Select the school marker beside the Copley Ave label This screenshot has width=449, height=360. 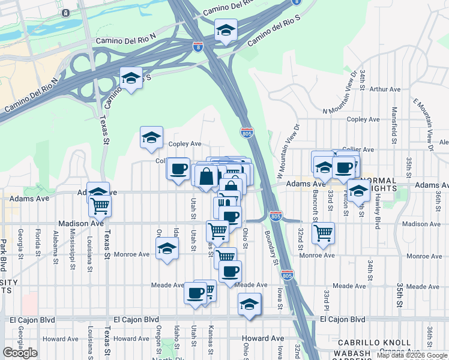coord(152,137)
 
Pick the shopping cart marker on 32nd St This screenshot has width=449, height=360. coord(324,231)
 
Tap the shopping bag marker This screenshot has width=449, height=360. coord(206,176)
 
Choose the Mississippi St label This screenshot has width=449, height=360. coord(72,246)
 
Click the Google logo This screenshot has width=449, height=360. coord(20,353)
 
